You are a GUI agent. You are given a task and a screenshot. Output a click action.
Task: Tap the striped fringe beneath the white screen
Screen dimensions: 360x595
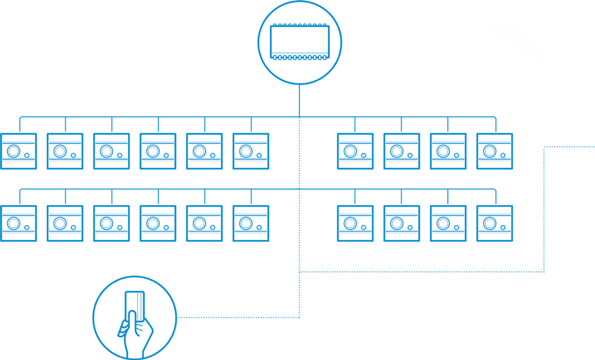pos(299,62)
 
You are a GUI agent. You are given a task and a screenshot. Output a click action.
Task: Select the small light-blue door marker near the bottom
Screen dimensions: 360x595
pos(138,306)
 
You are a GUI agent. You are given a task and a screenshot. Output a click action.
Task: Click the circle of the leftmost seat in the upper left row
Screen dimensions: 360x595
pos(13,151)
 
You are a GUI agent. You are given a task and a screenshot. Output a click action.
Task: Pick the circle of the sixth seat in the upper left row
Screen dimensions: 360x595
pos(246,151)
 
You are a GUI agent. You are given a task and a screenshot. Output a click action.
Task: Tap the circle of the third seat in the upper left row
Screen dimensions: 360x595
pos(106,151)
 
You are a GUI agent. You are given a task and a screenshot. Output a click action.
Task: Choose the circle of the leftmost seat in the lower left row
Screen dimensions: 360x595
pos(13,223)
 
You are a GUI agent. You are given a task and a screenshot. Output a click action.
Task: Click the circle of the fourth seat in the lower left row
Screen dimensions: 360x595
pos(153,223)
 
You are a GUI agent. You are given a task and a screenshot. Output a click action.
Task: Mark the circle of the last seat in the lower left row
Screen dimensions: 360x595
pos(246,223)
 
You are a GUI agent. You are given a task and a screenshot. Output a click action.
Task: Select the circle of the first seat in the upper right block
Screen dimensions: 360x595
pos(350,151)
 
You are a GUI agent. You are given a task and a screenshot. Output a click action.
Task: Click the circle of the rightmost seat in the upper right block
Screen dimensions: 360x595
pos(490,151)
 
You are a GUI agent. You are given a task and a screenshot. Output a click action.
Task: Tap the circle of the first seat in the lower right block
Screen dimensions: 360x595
pos(350,223)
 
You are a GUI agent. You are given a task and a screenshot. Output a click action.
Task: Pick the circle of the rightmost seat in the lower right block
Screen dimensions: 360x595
pos(490,223)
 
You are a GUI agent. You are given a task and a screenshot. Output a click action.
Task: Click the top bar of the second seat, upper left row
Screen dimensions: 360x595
pos(65,141)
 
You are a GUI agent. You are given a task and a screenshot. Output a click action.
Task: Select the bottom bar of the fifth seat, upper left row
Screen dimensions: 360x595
pos(205,162)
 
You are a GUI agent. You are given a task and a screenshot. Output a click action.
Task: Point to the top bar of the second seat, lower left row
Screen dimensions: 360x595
pos(65,213)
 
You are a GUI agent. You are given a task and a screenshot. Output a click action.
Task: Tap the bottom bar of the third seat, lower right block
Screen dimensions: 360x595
pos(449,234)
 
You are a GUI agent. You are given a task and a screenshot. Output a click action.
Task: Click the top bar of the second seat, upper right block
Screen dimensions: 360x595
pos(402,141)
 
